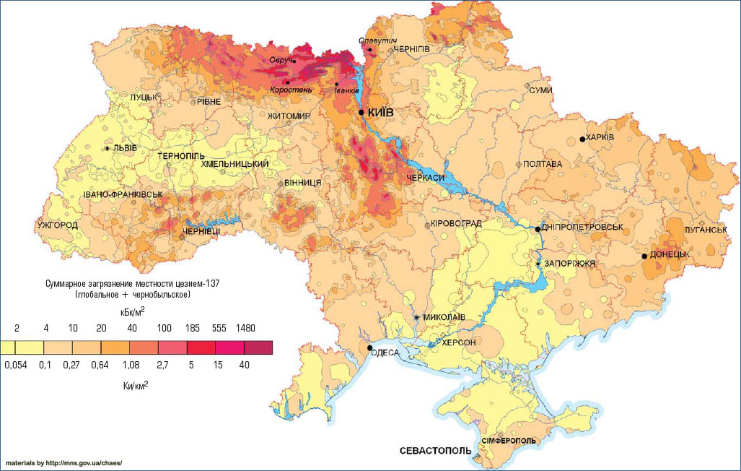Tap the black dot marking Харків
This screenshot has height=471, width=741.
(x=582, y=139)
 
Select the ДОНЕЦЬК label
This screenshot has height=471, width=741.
(x=670, y=255)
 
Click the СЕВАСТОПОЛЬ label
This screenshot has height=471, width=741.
(x=432, y=451)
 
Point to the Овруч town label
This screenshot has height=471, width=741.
(x=281, y=60)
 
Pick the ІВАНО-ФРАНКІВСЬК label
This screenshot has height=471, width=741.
(x=123, y=195)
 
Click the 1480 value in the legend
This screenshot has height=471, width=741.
(x=245, y=329)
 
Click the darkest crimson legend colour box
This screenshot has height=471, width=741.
(x=259, y=348)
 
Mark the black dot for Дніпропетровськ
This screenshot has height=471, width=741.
(x=538, y=229)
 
